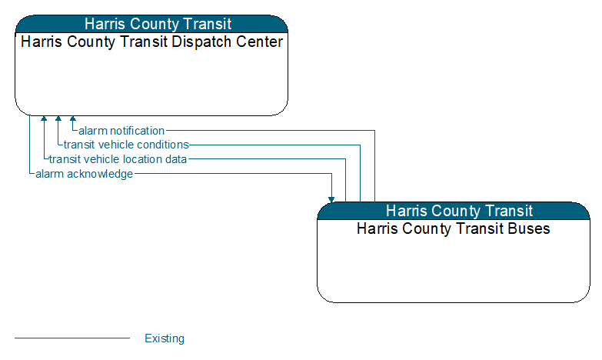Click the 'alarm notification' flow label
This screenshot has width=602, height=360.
[x=121, y=131]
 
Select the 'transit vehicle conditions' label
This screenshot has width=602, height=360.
[x=126, y=145]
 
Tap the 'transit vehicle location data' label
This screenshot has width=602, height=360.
[x=118, y=159]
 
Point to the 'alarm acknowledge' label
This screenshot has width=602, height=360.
[x=84, y=174]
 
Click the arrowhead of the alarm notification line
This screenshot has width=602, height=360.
[x=72, y=118]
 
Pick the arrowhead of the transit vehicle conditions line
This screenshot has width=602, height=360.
[x=58, y=118]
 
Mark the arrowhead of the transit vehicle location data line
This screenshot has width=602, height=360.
[x=44, y=118]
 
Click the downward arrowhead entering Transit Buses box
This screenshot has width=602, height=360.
[x=331, y=199]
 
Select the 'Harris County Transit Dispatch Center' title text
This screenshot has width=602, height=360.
[x=151, y=42]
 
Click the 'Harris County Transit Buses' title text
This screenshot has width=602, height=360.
[x=454, y=228]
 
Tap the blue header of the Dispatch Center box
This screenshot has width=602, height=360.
[x=151, y=24]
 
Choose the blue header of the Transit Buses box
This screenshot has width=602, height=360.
[x=454, y=211]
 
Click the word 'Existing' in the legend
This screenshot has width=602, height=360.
[x=165, y=338]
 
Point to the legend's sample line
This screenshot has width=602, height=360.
[x=72, y=338]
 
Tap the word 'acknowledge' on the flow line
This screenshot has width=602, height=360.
[x=100, y=174]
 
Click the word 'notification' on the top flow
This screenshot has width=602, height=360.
[x=137, y=131]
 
